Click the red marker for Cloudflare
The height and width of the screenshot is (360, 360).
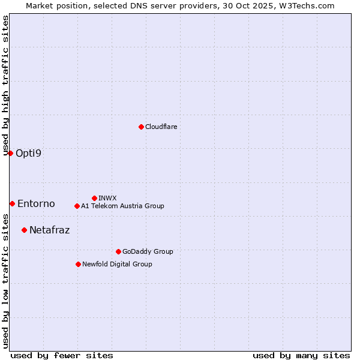pos(141,127)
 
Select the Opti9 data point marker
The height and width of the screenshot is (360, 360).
pos(10,153)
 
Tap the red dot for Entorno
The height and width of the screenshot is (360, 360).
pos(12,203)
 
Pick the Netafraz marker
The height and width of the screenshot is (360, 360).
pos(24,230)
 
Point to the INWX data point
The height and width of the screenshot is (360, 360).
pos(94,198)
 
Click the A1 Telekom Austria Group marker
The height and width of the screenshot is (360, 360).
pos(77,206)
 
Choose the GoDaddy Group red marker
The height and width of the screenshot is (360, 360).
pos(118,251)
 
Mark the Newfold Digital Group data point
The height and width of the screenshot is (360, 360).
pos(78,264)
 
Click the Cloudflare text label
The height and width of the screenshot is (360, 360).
pos(161,127)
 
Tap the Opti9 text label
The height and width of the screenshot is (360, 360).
pos(29,153)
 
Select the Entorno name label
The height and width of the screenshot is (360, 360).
pos(36,203)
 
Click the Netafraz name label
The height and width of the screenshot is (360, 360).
pos(49,230)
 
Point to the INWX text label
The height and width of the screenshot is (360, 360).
pos(107,198)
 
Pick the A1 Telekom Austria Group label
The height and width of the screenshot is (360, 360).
pos(122,206)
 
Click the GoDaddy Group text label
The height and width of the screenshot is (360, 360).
pos(148,251)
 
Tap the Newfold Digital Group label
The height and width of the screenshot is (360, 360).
pos(117,264)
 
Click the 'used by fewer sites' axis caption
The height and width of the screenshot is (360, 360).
pos(62,355)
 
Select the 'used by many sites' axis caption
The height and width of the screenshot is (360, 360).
pos(301,355)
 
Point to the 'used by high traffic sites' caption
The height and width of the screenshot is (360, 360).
pos(6,85)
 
